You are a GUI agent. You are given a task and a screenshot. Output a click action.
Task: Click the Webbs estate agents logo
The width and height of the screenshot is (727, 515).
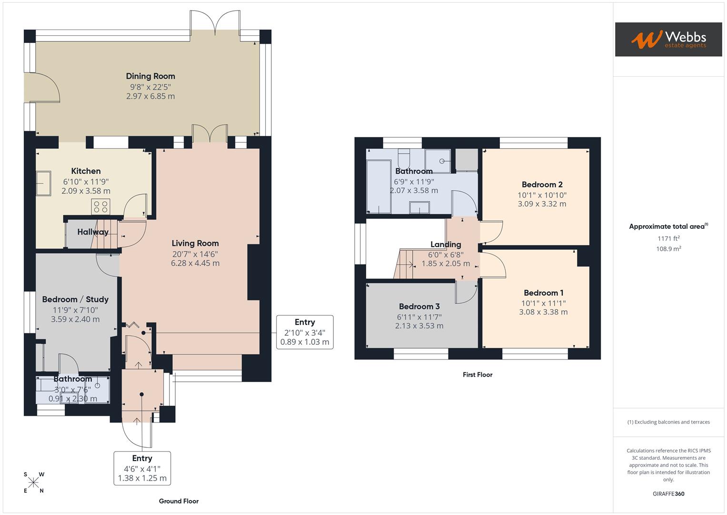coord(668,40)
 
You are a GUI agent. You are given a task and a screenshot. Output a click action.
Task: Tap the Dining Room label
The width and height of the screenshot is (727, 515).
coord(150,76)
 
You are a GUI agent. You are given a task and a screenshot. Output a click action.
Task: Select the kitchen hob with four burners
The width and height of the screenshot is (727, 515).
coord(101,206)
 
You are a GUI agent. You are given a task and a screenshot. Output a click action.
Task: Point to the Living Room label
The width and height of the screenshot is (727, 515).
coord(195,244)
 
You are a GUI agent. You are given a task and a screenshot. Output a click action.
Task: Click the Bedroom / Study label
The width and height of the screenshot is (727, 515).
coord(75,299)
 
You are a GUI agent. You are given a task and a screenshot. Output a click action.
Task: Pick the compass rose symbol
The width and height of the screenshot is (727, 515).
coord(33,483)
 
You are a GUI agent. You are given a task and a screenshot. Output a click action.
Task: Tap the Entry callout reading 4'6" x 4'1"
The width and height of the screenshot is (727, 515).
coord(142,468)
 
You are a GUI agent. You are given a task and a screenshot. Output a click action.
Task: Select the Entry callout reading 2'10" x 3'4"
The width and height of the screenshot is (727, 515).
coord(305,332)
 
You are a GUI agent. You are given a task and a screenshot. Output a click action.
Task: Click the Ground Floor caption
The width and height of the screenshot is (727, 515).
coord(179,501)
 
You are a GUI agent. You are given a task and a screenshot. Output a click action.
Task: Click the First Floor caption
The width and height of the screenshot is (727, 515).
coord(478,375)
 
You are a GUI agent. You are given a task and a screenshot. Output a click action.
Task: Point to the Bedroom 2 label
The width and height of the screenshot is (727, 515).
coord(542,185)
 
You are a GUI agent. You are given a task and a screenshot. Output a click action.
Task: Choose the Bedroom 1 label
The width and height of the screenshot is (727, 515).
coord(543,293)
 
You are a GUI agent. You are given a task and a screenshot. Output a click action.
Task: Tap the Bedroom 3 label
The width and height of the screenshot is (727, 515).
coord(419,307)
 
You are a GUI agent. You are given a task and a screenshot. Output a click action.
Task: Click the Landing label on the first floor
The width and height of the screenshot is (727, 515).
coord(446,245)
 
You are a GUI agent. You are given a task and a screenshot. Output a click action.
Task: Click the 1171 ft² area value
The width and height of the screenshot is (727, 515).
coord(668,238)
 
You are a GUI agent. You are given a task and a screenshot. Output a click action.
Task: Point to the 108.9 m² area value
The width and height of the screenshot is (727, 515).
coord(668,249)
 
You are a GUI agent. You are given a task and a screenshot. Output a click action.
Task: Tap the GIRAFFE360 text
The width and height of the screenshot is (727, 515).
coord(668,494)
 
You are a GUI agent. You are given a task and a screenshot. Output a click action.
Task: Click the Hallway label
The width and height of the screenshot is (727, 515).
coord(93,232)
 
